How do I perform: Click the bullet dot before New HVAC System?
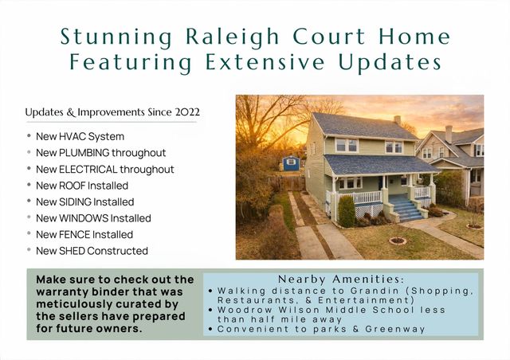[29, 136]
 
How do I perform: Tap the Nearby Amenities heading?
[341, 280]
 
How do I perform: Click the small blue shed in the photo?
[291, 163]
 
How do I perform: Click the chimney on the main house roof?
[397, 120]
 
